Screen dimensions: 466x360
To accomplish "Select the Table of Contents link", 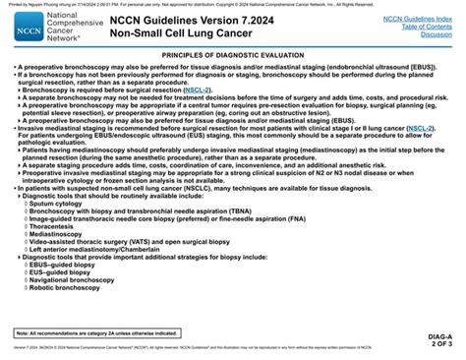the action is tap(421, 27).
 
